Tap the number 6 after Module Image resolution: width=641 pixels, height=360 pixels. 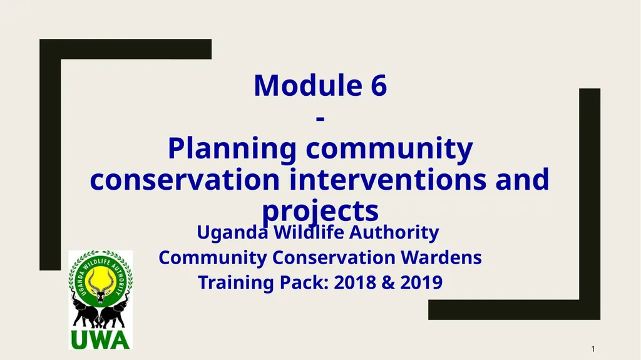[378, 86]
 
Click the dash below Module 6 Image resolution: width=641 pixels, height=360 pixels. [320, 117]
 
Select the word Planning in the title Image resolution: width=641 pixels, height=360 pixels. [232, 149]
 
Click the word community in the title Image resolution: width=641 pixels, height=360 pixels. [389, 149]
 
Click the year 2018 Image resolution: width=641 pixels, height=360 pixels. [354, 282]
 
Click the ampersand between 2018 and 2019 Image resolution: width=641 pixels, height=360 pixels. [387, 282]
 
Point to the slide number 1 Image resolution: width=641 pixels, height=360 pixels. [592, 348]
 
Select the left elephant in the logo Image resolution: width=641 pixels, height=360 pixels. [84, 311]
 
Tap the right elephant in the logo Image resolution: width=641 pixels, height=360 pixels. [117, 311]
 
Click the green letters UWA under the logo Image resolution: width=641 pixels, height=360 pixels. [100, 339]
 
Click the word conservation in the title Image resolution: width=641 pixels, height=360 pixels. [185, 180]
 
